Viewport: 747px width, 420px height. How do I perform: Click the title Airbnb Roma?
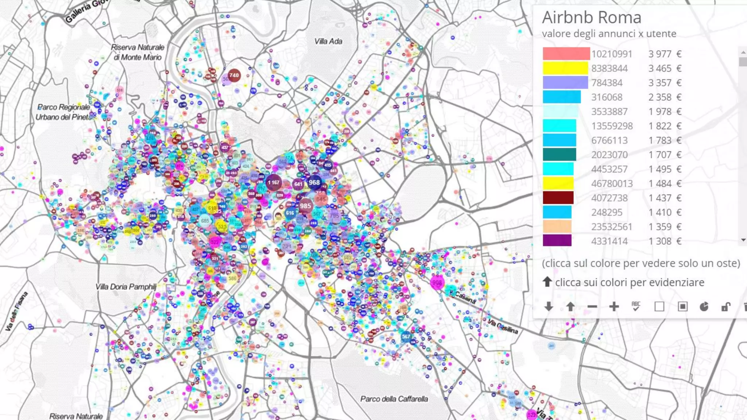pos(591,17)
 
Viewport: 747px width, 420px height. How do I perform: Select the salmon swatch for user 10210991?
pos(566,54)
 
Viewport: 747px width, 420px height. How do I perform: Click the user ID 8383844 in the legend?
pos(609,68)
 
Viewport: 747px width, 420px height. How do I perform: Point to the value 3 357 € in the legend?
pos(665,83)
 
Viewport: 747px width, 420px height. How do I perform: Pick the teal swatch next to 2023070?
pos(559,155)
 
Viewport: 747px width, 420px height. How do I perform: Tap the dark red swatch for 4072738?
pos(558,198)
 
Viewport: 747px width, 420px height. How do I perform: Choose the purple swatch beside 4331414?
pos(557,241)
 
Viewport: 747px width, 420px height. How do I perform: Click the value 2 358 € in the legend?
pos(665,97)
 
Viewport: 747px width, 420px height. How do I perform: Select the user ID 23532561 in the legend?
pos(611,227)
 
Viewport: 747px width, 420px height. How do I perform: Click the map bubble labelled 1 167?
pos(274,182)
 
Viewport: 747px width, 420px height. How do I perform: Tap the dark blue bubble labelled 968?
pos(314,182)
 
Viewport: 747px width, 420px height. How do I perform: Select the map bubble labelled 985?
pos(306,206)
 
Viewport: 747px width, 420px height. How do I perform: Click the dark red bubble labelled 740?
pos(234,75)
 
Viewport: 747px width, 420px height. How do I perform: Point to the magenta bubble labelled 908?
pos(437,283)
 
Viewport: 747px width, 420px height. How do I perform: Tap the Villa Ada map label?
pos(328,42)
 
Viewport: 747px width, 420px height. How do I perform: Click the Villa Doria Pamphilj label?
pos(126,287)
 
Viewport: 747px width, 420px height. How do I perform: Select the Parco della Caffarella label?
pos(394,399)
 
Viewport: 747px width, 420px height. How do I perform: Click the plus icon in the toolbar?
pos(614,307)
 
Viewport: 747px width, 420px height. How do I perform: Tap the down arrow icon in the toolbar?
pos(549,307)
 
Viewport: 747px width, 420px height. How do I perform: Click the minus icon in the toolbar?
pos(592,307)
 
